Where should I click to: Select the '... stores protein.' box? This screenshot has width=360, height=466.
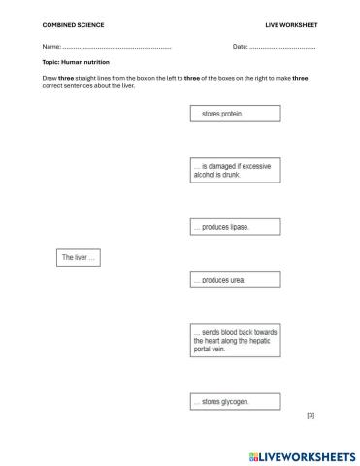[x=235, y=114]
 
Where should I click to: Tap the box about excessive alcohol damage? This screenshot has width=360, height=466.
[x=235, y=172]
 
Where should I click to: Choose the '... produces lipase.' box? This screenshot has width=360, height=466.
[x=235, y=227]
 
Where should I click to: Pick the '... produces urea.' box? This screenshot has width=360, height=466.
[x=235, y=280]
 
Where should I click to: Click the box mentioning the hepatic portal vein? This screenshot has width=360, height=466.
[x=235, y=343]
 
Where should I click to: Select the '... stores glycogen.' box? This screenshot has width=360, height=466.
[x=235, y=401]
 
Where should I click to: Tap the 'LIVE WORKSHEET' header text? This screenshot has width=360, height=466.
[x=291, y=23]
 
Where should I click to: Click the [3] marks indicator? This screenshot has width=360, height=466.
[x=311, y=416]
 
